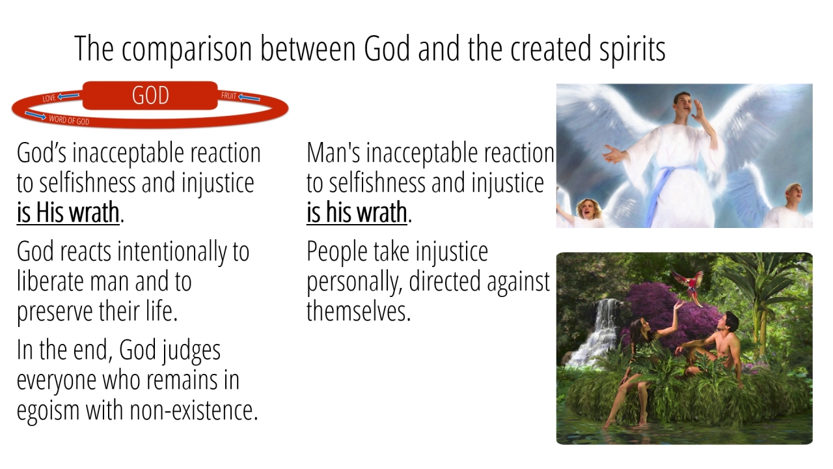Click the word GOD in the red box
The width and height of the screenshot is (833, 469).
pyautogui.click(x=150, y=95)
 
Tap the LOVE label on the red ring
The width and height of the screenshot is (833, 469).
pyautogui.click(x=49, y=98)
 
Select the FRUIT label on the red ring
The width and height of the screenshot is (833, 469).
pyautogui.click(x=228, y=96)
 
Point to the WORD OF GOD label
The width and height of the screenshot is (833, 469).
pyautogui.click(x=69, y=120)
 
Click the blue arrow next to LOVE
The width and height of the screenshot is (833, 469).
pyautogui.click(x=68, y=96)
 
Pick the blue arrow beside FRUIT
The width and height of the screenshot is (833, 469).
pyautogui.click(x=249, y=98)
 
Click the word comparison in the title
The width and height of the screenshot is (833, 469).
pyautogui.click(x=187, y=50)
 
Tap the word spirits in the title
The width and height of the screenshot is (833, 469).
pyautogui.click(x=632, y=50)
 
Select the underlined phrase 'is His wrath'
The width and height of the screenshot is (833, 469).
pyautogui.click(x=68, y=212)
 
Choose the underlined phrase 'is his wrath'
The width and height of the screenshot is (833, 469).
pyautogui.click(x=357, y=212)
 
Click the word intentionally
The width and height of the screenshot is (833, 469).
pyautogui.click(x=172, y=252)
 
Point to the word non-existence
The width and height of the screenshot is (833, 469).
pyautogui.click(x=194, y=410)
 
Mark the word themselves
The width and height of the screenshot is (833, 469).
pyautogui.click(x=359, y=311)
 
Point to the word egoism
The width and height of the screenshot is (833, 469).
pyautogui.click(x=48, y=411)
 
